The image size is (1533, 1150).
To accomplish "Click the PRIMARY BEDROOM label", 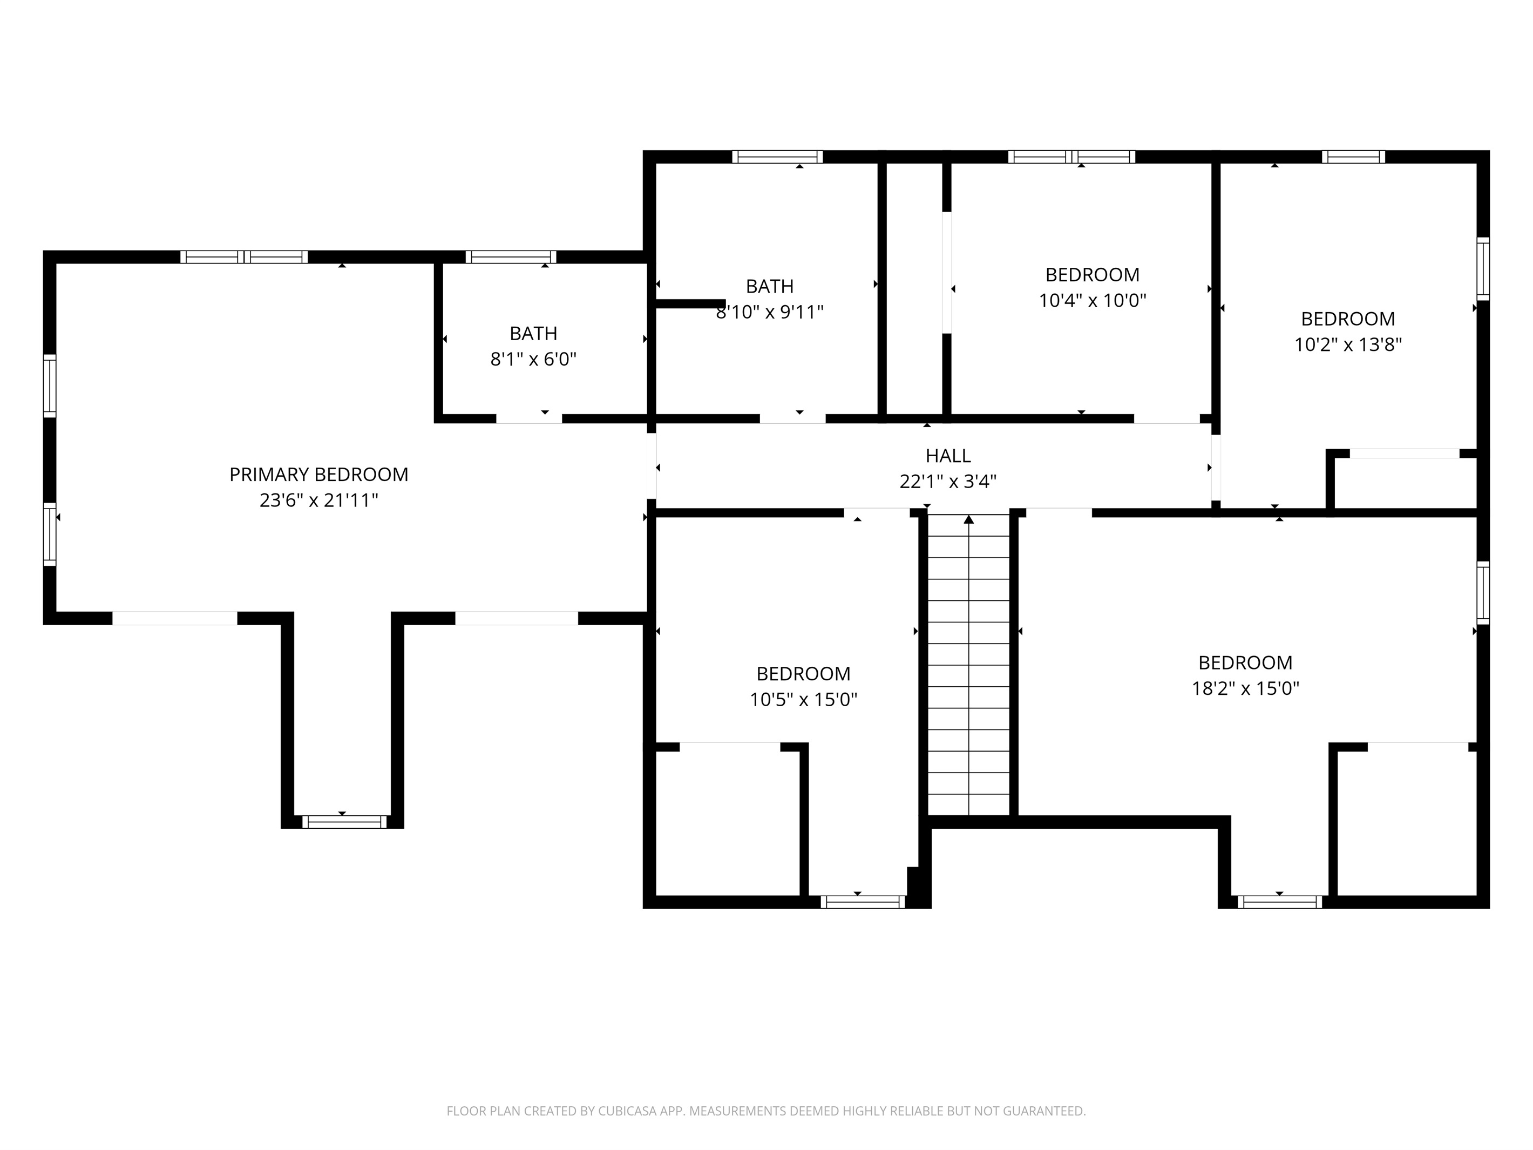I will click(x=319, y=474).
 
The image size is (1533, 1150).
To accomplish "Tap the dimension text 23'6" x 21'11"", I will click(x=319, y=500).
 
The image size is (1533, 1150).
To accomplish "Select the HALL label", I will click(x=948, y=456).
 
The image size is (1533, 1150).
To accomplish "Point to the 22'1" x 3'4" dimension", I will click(x=948, y=481).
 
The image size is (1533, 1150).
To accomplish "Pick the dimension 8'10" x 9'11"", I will click(x=769, y=312).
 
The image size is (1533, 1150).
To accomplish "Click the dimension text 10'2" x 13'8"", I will click(x=1348, y=344).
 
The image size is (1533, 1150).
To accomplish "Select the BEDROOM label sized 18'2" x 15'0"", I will click(x=1245, y=662).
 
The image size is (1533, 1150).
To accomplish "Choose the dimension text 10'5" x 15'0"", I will click(x=803, y=699).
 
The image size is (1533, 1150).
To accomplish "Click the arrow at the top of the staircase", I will click(x=969, y=519).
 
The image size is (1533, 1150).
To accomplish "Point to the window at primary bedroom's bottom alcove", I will click(x=344, y=822).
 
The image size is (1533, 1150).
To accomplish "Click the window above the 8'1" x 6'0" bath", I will click(x=511, y=257).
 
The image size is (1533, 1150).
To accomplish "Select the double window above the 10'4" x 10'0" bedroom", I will click(x=1071, y=157).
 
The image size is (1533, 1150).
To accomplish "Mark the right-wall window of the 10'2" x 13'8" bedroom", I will click(x=1482, y=268).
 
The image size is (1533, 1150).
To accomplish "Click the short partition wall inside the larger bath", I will click(x=689, y=303).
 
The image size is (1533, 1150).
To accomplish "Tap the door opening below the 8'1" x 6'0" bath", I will click(x=529, y=418).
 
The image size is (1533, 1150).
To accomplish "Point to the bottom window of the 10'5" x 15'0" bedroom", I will click(x=863, y=902).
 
